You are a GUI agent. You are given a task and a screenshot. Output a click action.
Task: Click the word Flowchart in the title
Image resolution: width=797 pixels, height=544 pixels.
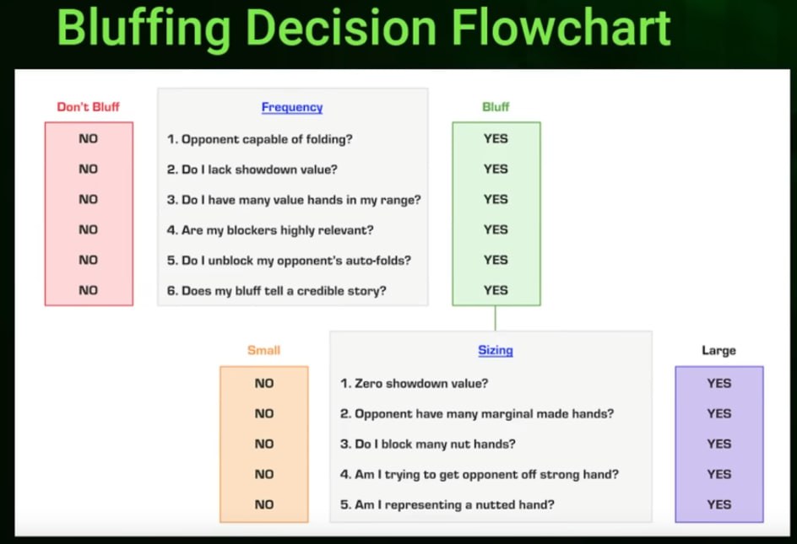tap(561, 28)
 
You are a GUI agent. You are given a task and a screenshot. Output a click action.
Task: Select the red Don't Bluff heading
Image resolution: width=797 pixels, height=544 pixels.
tap(88, 106)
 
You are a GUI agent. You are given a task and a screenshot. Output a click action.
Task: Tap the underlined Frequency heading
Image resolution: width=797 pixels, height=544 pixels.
tap(292, 107)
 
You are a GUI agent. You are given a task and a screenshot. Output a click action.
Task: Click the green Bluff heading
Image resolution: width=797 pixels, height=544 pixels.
tap(496, 106)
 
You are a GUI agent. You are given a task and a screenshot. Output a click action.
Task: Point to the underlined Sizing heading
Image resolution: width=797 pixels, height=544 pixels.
tap(496, 351)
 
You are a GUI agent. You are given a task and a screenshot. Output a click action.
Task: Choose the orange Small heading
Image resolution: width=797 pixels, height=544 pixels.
tap(263, 350)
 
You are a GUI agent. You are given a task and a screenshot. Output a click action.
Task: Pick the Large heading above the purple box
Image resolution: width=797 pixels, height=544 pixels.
tap(718, 351)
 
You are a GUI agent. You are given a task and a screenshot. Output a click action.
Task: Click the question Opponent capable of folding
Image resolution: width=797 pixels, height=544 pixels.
tap(260, 139)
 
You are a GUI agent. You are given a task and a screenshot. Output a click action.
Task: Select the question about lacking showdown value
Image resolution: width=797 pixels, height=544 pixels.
tap(252, 170)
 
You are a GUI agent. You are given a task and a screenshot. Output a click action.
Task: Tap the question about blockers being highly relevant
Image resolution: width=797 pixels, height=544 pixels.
tap(270, 230)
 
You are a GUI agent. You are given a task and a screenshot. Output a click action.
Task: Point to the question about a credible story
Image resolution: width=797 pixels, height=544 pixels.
tap(277, 291)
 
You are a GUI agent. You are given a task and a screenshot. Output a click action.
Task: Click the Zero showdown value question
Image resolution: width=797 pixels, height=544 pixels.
tap(415, 384)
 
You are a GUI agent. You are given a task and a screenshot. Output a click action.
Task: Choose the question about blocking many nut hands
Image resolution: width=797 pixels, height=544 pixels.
tap(428, 444)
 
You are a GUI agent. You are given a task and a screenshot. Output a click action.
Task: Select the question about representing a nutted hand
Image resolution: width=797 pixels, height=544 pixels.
tap(447, 505)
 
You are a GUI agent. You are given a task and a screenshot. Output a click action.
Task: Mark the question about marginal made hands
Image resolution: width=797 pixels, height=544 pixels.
tap(477, 414)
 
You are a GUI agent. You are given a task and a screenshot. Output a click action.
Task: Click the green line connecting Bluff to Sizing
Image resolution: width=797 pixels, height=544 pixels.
tap(496, 319)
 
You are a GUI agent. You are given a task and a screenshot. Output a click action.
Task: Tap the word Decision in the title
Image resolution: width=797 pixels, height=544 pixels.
tap(341, 28)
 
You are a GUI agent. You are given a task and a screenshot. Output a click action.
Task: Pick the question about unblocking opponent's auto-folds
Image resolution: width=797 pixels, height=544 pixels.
tap(289, 261)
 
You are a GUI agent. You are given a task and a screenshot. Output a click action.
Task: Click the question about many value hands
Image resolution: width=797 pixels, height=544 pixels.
tap(294, 200)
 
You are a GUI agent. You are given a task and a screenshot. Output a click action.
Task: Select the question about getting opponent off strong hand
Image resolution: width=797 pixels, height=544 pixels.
tap(480, 474)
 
